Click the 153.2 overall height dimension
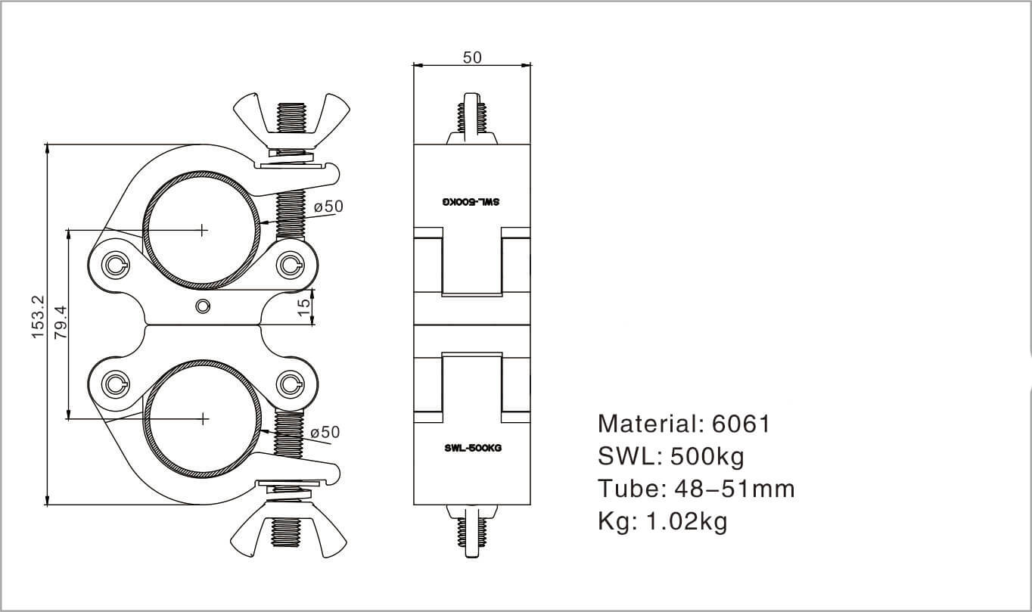coord(39,317)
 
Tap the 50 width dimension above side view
coord(471,57)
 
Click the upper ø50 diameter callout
coord(328,207)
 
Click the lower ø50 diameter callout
coord(325,432)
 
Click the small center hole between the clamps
coord(202,306)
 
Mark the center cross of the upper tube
coord(202,228)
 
